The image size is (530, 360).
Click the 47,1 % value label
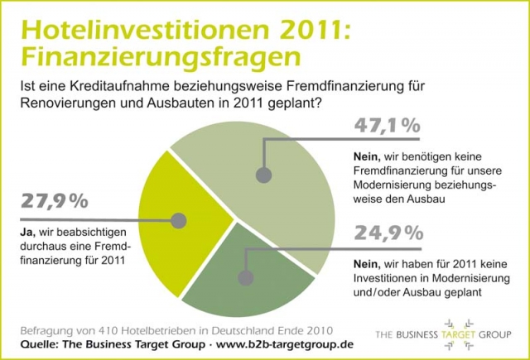[x=387, y=127]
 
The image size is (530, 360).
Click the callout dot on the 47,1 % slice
[x=264, y=175]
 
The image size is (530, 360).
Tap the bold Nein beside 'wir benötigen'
[x=353, y=155]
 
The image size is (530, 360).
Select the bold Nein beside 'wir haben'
[x=353, y=263]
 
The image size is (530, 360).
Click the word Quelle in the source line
[x=39, y=343]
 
